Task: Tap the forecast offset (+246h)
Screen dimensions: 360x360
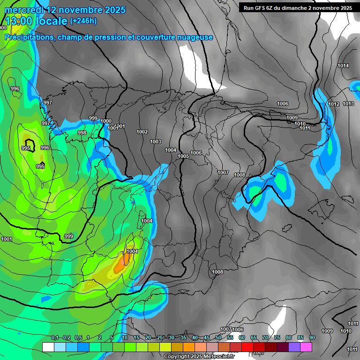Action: pyautogui.click(x=83, y=21)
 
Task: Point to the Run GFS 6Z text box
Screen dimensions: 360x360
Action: pyautogui.click(x=298, y=8)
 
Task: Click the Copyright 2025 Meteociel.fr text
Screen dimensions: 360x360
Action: pyautogui.click(x=199, y=356)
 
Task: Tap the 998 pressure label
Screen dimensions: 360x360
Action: pyautogui.click(x=82, y=133)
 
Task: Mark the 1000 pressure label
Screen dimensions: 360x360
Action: pyautogui.click(x=106, y=121)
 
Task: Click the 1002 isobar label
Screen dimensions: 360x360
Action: pyautogui.click(x=142, y=132)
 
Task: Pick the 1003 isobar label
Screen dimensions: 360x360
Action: pyautogui.click(x=156, y=142)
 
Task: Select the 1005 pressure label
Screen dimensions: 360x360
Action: pyautogui.click(x=183, y=156)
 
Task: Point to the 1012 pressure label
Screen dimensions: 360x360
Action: pyautogui.click(x=334, y=104)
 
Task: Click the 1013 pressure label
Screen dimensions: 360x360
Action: pyautogui.click(x=348, y=104)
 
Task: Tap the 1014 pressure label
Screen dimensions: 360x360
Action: pyautogui.click(x=343, y=66)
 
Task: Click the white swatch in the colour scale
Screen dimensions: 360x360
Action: pyautogui.click(x=48, y=347)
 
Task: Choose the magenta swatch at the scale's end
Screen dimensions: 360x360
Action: pyautogui.click(x=306, y=347)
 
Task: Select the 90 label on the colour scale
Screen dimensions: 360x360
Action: pyautogui.click(x=312, y=338)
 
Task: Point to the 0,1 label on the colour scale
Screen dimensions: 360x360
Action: pyautogui.click(x=54, y=338)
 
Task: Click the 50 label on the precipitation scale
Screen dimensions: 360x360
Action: pyautogui.click(x=218, y=338)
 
